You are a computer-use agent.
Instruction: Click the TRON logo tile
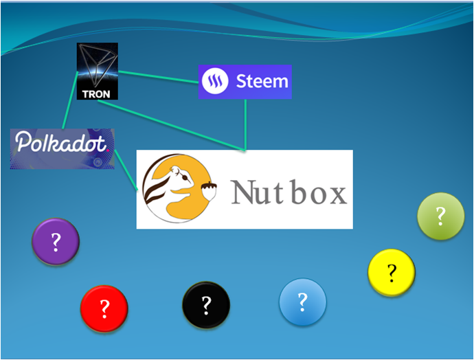tap(97, 71)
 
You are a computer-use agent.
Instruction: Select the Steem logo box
tap(245, 82)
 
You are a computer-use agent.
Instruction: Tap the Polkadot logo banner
tap(62, 148)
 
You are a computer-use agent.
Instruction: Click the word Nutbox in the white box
tap(289, 192)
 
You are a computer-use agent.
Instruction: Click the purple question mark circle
tap(56, 241)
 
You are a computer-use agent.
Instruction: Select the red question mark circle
tap(104, 310)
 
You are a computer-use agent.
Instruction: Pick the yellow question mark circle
tap(392, 273)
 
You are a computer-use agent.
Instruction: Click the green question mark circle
tap(441, 216)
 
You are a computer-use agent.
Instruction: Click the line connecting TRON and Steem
tap(158, 76)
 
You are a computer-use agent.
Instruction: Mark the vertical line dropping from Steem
tap(245, 124)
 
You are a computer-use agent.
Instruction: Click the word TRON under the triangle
tap(97, 93)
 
